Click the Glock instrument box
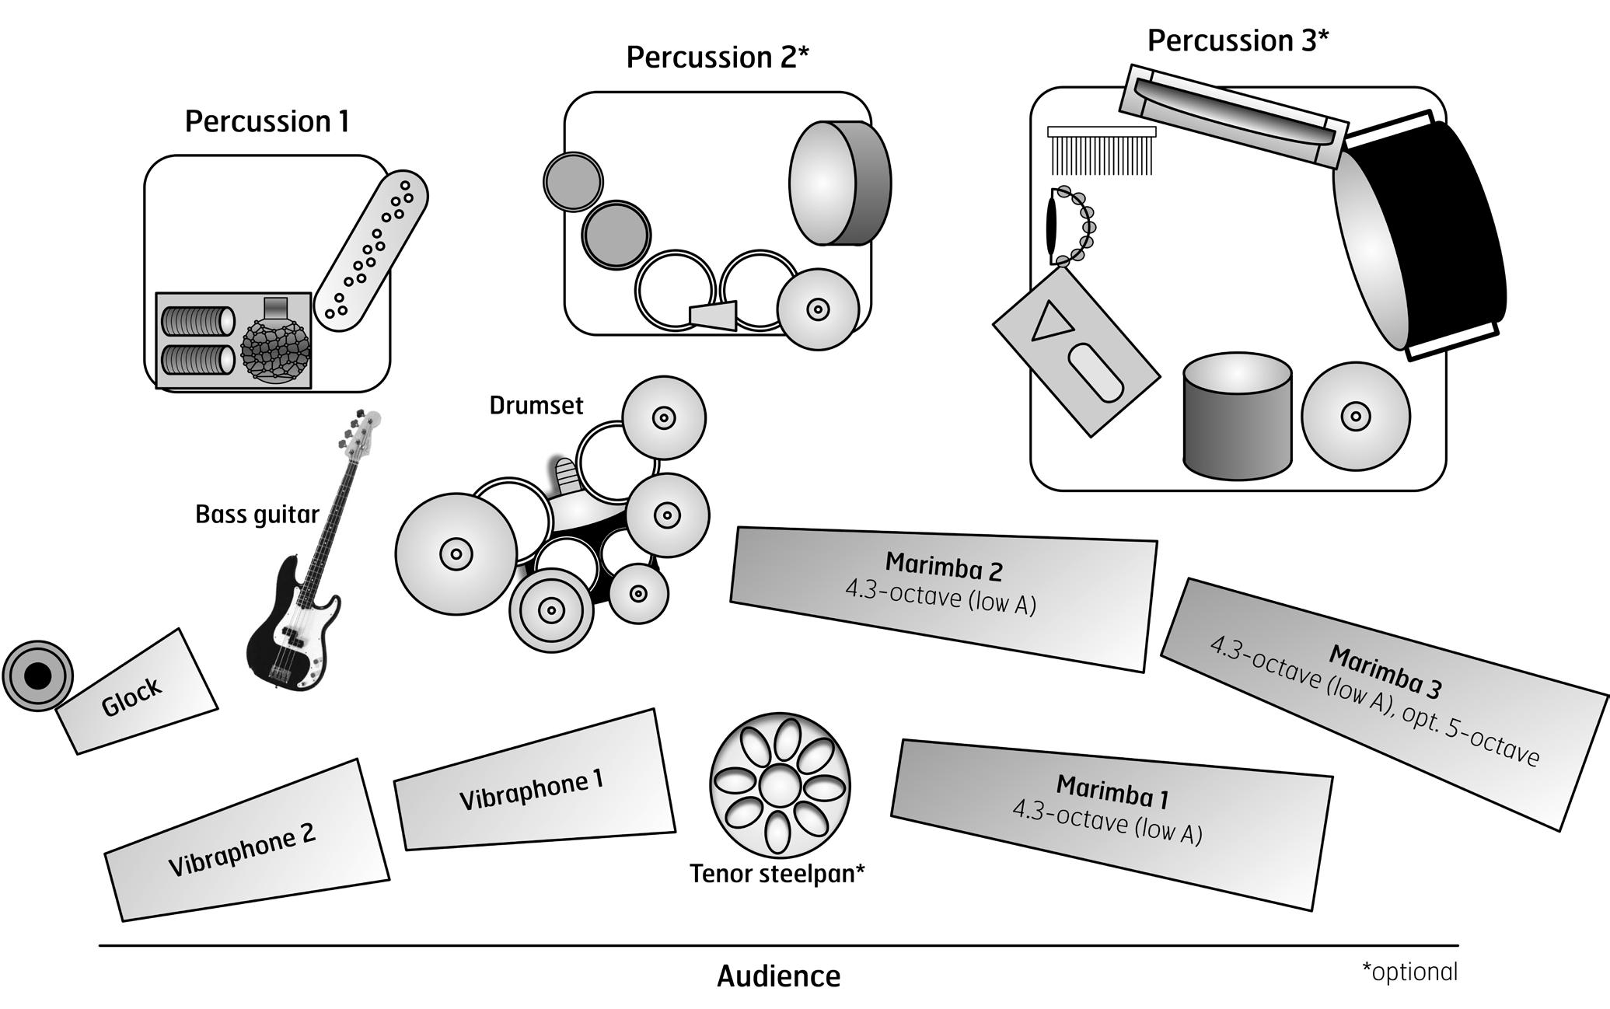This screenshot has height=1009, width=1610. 136,692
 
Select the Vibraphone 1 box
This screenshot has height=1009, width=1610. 533,782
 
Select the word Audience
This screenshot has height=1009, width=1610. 778,976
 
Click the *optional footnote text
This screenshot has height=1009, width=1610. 1409,972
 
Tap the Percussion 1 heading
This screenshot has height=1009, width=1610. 267,121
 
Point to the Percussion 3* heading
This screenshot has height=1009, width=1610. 1238,40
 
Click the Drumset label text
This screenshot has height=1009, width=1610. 536,405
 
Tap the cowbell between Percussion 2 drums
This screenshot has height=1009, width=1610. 714,315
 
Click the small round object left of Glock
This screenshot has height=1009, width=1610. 37,676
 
